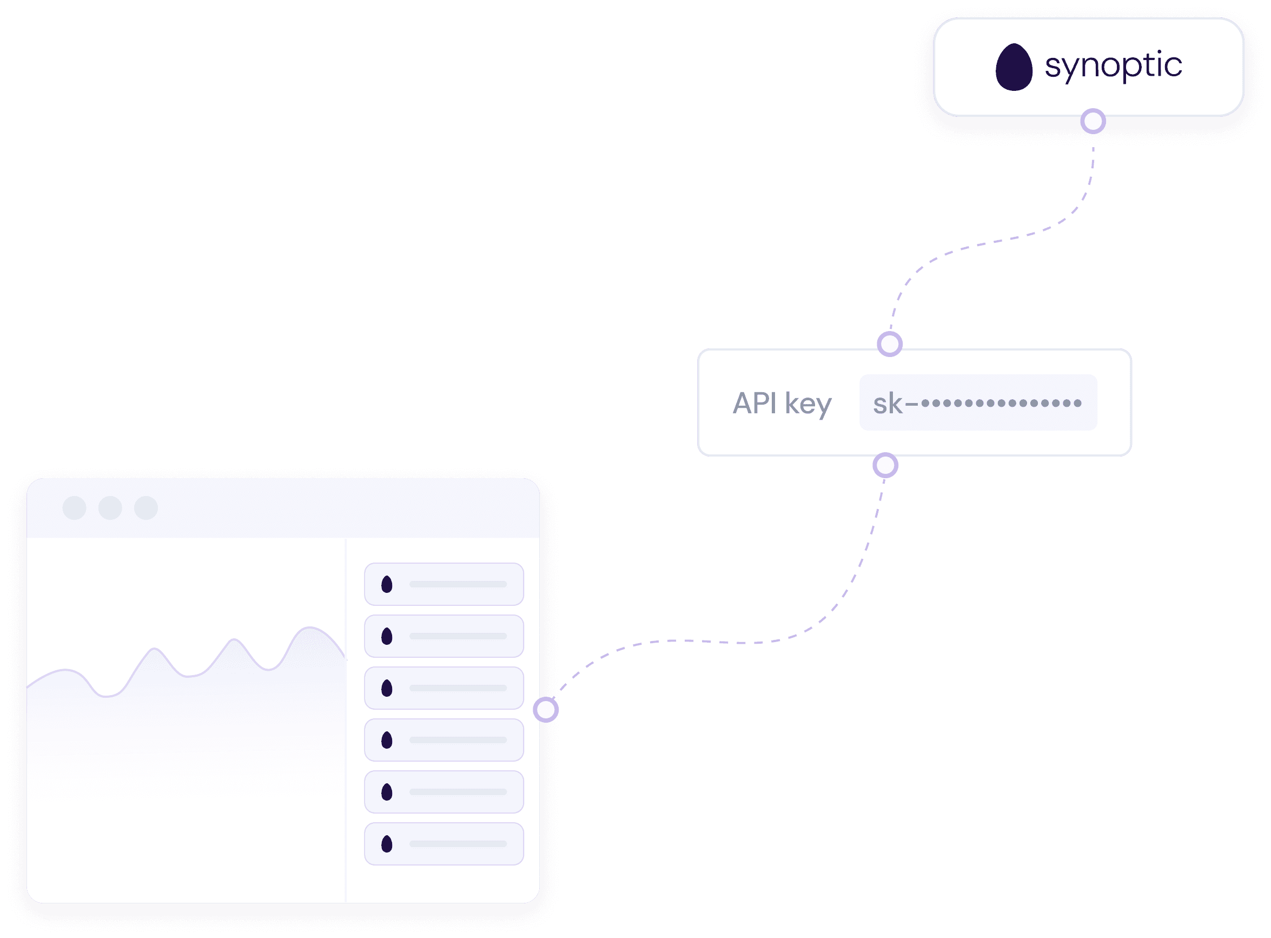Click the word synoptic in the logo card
click(1113, 67)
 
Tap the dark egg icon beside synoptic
click(1014, 67)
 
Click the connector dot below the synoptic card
click(1093, 122)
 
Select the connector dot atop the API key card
click(890, 344)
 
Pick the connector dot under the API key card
click(885, 466)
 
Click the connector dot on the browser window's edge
click(546, 710)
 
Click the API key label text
click(782, 404)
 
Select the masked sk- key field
click(978, 402)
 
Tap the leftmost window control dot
click(74, 507)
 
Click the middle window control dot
click(110, 507)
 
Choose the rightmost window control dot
click(146, 507)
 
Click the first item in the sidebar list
click(444, 584)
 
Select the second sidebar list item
click(444, 636)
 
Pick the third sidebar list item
click(444, 688)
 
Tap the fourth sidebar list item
click(444, 740)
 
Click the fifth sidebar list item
click(444, 792)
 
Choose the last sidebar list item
click(444, 844)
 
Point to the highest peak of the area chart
click(310, 628)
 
